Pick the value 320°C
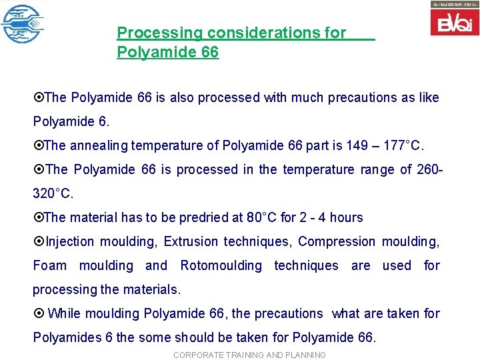pyautogui.click(x=53, y=193)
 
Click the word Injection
pyautogui.click(x=70, y=241)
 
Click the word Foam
pyautogui.click(x=50, y=265)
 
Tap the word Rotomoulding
pyautogui.click(x=221, y=265)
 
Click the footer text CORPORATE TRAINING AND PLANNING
pyautogui.click(x=249, y=355)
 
